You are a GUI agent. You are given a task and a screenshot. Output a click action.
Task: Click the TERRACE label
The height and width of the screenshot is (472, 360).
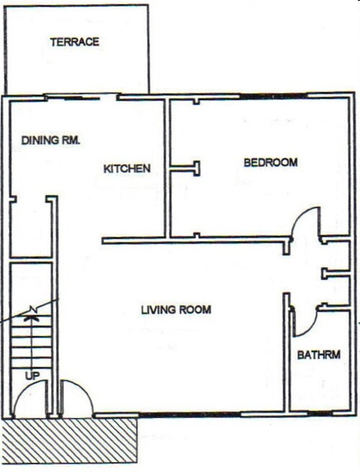click(75, 42)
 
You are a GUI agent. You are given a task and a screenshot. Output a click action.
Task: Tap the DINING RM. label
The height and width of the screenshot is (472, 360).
click(50, 140)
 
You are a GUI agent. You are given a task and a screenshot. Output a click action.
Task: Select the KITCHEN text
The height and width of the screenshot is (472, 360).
click(127, 169)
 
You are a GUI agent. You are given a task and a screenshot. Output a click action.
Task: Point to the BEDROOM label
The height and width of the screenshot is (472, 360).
click(270, 163)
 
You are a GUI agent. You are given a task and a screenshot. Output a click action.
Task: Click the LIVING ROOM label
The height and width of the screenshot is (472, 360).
click(176, 310)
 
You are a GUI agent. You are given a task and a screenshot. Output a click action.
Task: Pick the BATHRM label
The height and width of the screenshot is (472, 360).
click(318, 355)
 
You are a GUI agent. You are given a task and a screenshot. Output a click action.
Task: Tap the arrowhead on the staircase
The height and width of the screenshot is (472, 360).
click(32, 312)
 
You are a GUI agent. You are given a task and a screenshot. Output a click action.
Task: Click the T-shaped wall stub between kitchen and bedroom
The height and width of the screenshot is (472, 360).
click(189, 168)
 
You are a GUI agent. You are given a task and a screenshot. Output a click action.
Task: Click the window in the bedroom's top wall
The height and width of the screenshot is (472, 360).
click(273, 96)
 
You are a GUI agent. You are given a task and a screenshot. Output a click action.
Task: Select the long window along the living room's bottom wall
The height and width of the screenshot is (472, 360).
click(189, 415)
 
